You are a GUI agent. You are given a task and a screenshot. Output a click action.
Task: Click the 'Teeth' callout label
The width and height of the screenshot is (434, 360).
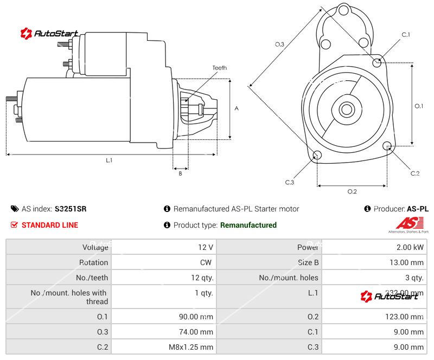[219, 68]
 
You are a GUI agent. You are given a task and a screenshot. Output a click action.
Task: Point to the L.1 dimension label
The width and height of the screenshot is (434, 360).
[109, 160]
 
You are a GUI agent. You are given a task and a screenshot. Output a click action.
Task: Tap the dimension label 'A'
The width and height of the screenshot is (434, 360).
[237, 108]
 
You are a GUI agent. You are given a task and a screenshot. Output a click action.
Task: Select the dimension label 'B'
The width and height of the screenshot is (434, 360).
[180, 173]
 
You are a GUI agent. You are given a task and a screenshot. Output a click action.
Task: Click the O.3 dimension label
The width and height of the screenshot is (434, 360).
[279, 44]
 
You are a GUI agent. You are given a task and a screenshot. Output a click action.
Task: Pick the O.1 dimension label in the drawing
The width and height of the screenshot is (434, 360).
[419, 106]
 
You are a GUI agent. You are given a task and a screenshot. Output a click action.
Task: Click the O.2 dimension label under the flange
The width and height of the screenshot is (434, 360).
[352, 191]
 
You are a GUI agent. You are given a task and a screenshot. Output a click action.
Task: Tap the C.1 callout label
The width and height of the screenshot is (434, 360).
[405, 35]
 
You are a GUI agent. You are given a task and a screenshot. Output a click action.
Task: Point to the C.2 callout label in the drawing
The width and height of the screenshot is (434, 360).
[414, 173]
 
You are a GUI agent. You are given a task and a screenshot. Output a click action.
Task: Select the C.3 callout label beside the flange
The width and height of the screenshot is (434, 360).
[289, 182]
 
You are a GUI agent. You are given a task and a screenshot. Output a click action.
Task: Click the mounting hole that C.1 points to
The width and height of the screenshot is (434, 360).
[378, 62]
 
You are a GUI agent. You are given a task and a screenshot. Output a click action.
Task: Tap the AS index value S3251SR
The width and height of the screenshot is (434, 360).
[71, 209]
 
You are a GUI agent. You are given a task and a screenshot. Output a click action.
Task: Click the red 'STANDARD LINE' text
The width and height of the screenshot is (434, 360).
[49, 225]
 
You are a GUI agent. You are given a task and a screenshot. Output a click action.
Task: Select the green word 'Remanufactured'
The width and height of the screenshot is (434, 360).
[248, 225]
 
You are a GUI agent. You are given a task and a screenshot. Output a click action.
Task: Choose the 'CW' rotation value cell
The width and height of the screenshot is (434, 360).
[207, 262]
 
